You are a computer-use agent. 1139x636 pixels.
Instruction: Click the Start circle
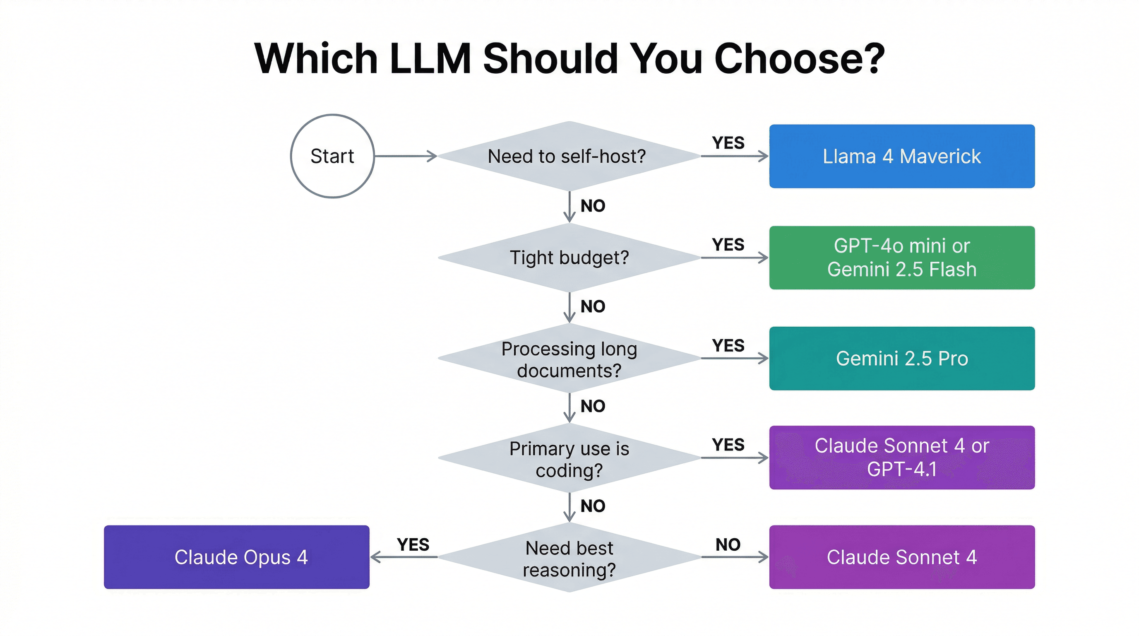(332, 156)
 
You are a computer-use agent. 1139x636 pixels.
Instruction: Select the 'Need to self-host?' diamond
(569, 156)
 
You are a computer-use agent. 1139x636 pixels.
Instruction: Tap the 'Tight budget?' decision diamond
(569, 258)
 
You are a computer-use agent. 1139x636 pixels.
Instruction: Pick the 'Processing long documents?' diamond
(569, 359)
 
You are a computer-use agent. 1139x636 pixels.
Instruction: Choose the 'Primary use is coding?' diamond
(569, 458)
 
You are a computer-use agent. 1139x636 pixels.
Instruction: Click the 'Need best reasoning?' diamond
(569, 558)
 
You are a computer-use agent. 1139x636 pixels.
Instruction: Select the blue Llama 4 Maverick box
(901, 156)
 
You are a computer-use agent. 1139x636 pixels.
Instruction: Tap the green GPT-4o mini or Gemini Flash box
(901, 258)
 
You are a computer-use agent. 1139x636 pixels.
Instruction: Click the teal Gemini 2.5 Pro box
(901, 358)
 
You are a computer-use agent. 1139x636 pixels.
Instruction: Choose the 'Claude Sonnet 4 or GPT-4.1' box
(901, 457)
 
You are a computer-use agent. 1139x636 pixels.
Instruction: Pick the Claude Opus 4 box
(237, 557)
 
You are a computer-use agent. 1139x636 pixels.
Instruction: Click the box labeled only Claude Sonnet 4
(901, 557)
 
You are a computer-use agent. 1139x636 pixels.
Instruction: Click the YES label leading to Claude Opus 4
(413, 544)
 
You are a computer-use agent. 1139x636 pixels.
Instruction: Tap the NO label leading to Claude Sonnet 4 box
(728, 544)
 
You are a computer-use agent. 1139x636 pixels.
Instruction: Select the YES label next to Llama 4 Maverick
(728, 143)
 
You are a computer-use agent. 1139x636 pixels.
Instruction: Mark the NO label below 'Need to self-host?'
(593, 206)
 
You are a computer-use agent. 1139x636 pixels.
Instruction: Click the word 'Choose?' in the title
(800, 58)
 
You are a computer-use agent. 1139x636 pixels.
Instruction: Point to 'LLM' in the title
(430, 58)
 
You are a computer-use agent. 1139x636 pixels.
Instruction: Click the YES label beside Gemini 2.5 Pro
(728, 345)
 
